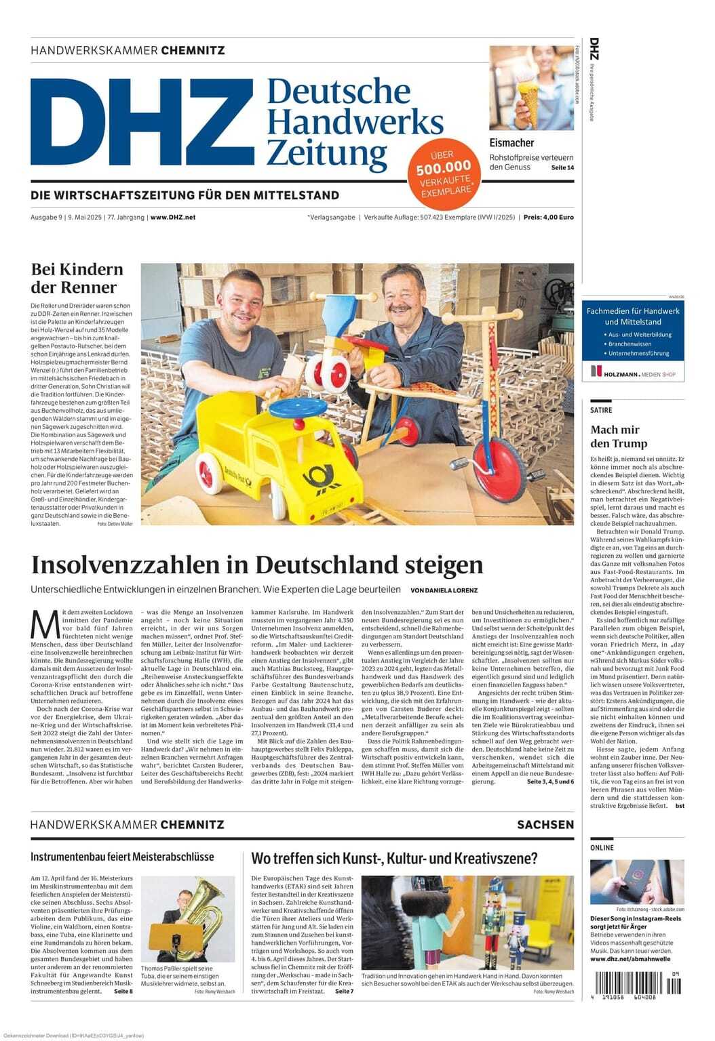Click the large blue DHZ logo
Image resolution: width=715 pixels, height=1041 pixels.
pos(141,122)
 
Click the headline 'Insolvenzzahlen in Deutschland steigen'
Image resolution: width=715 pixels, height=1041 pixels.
pos(257,565)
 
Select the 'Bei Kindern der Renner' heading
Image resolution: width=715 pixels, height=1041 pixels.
pos(77,278)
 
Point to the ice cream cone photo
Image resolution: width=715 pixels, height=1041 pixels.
pos(531,88)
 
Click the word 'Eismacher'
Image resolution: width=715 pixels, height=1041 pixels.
pos(511,143)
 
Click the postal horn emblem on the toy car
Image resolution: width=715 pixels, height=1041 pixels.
pos(324,477)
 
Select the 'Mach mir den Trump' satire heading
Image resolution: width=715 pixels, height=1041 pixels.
pos(619,436)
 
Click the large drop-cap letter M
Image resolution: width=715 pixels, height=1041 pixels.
pos(45,624)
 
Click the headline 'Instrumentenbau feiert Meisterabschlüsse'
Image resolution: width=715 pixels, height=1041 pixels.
pos(122,857)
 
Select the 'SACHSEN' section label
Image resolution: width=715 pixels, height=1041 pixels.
pos(545,825)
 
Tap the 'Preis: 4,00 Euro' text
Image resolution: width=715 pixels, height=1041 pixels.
pos(548,218)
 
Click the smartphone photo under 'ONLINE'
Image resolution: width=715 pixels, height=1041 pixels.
pos(636,882)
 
